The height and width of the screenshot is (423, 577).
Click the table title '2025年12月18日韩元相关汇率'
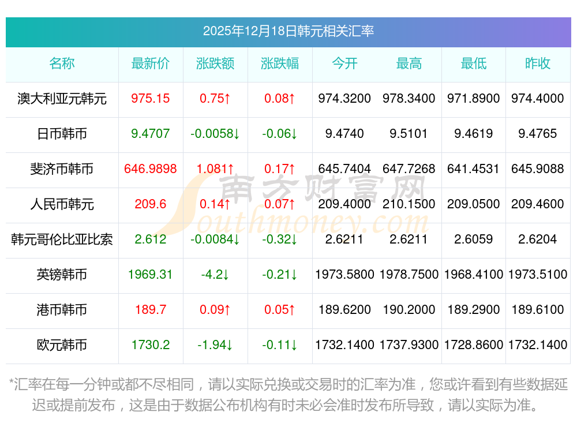tap(288, 31)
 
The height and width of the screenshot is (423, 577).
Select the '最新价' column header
tap(151, 63)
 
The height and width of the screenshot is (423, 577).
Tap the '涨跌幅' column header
tap(280, 63)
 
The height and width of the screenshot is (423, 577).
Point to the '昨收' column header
tap(538, 63)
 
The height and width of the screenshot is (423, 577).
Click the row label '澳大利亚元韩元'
tap(62, 99)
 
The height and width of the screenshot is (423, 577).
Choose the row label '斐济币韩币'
tap(62, 169)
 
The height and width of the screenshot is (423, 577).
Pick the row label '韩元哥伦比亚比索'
tap(62, 239)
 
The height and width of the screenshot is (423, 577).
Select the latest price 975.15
tap(151, 99)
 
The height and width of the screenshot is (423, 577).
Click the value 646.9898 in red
tap(151, 169)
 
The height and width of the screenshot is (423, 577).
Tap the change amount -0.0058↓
tap(215, 134)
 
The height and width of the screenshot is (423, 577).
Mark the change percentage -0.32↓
tap(280, 239)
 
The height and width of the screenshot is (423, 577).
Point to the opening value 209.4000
tap(344, 204)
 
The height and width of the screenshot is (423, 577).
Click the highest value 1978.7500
tap(409, 275)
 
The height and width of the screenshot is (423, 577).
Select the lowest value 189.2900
tap(474, 310)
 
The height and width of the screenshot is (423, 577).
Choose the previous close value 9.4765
tap(538, 134)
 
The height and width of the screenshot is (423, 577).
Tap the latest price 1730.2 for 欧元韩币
tap(151, 345)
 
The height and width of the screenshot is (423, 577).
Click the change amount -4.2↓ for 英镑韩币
tap(215, 275)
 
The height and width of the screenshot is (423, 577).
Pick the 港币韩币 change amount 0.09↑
tap(215, 310)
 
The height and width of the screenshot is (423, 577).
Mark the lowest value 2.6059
tap(474, 239)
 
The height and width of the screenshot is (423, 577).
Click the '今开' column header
tap(344, 63)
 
